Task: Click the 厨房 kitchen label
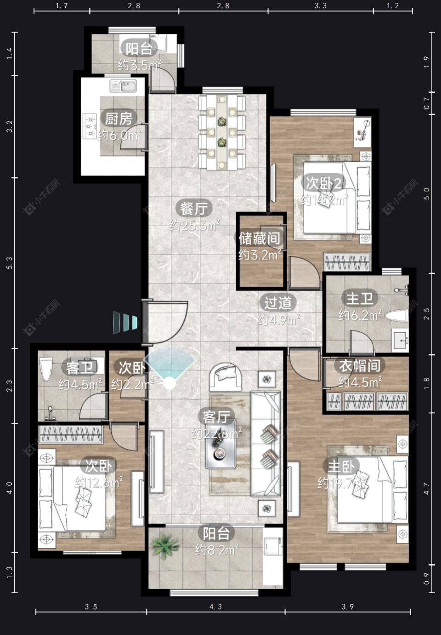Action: pos(119,119)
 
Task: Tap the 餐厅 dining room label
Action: pos(194,209)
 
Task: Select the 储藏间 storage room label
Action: pos(260,238)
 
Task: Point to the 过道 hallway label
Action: pos(278,302)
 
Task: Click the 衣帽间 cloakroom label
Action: pos(360,366)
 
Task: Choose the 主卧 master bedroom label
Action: pos(341,466)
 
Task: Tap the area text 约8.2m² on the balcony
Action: pos(216,550)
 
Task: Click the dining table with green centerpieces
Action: pos(222,132)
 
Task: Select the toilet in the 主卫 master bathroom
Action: pos(396,316)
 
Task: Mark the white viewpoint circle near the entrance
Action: pos(170,383)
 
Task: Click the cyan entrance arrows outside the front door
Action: pos(125,322)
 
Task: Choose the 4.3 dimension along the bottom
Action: pos(215,607)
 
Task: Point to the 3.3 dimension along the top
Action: pos(320,6)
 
